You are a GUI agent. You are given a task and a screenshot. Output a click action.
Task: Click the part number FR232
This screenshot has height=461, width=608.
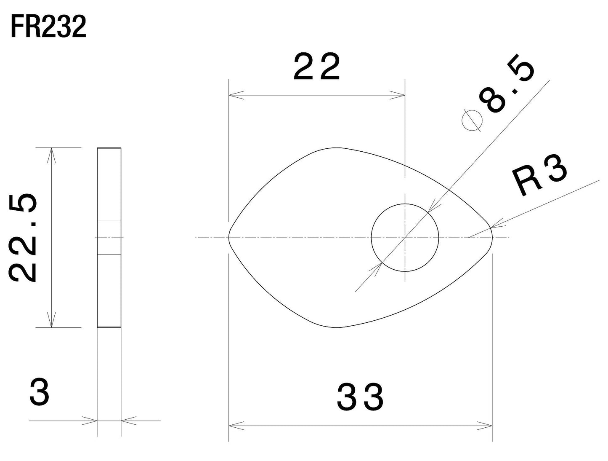(48, 28)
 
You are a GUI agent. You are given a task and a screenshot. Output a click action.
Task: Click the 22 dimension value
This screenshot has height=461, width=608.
(316, 67)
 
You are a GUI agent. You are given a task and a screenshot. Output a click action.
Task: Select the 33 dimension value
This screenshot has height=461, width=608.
(360, 397)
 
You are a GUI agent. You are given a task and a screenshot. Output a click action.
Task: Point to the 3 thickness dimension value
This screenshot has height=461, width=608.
(40, 392)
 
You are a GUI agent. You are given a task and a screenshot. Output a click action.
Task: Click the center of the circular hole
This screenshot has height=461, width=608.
(405, 238)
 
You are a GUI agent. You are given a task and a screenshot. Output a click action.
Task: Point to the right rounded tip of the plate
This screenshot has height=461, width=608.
(491, 238)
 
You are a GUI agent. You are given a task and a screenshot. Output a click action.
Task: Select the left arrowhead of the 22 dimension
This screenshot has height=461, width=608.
(234, 95)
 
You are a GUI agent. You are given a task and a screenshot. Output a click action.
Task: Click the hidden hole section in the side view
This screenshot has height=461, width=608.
(109, 238)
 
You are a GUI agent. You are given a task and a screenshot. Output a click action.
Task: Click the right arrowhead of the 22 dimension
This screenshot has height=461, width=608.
(399, 95)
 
